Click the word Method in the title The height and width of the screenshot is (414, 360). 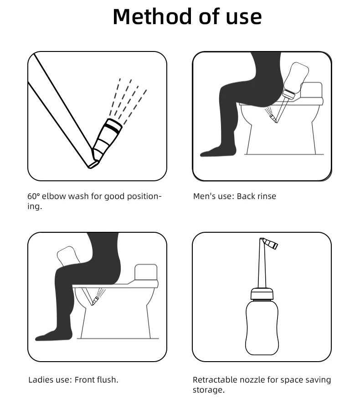[152, 16]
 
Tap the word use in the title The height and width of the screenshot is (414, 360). [243, 17]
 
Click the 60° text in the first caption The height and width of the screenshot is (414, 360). [34, 196]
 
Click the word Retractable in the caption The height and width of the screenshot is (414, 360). [215, 380]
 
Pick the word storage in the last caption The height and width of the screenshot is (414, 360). [207, 390]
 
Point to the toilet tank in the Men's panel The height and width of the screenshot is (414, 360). [312, 90]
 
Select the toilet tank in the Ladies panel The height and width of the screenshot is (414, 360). [146, 272]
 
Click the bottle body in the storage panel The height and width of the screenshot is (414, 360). [262, 327]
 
